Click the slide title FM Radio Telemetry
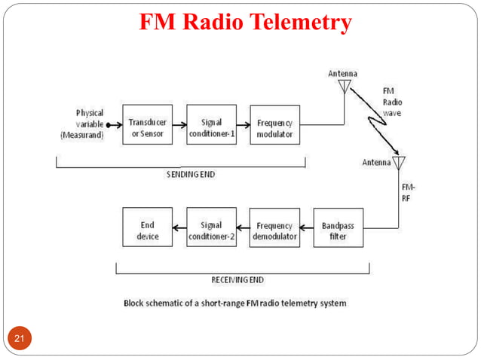pyautogui.click(x=246, y=23)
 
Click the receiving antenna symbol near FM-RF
pyautogui.click(x=399, y=163)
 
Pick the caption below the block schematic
pyautogui.click(x=234, y=304)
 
